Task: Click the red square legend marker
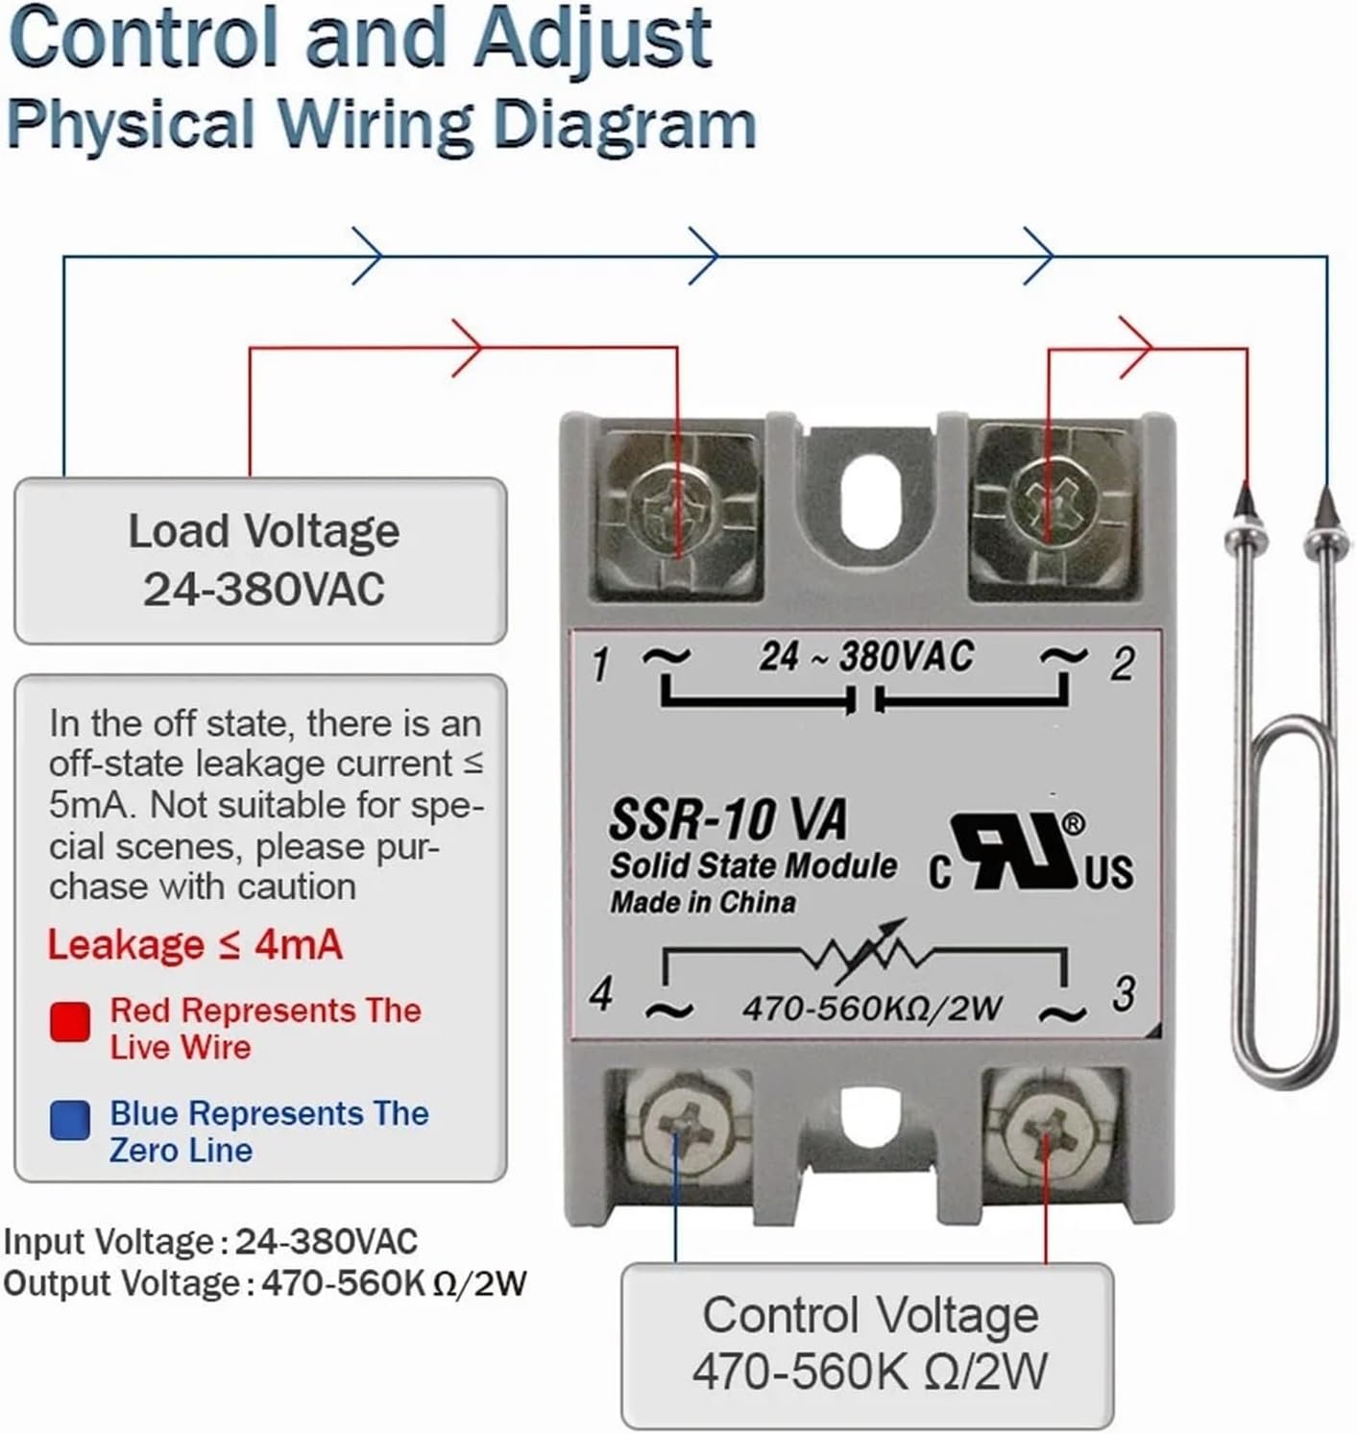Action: click(70, 1022)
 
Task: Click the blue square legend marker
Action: click(70, 1120)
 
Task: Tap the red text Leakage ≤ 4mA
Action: click(195, 945)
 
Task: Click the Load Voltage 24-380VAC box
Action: click(261, 560)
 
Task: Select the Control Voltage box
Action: click(868, 1345)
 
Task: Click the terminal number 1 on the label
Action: click(601, 664)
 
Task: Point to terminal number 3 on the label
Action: click(1124, 994)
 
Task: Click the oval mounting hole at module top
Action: click(866, 495)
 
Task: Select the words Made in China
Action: click(703, 903)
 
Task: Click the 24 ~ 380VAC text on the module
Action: click(866, 657)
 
